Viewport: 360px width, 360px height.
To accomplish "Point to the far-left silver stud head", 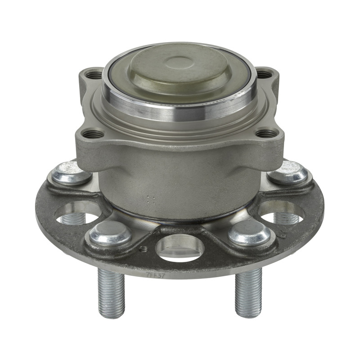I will tap(71, 173).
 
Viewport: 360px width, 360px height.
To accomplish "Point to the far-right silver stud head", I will tap(288, 172).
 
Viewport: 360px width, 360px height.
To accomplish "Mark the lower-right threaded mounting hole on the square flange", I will tap(266, 134).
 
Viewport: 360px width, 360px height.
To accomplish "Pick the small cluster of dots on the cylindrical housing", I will tap(152, 199).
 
